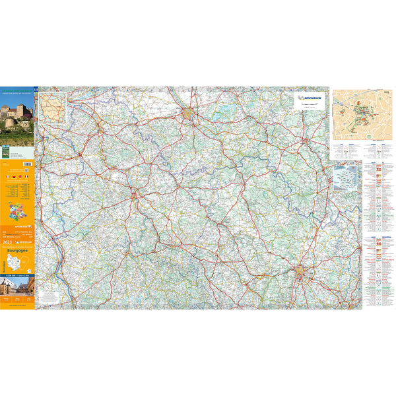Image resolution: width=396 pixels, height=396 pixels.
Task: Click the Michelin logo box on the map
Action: coord(310,99)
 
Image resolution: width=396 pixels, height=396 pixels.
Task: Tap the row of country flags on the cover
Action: coord(17,177)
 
